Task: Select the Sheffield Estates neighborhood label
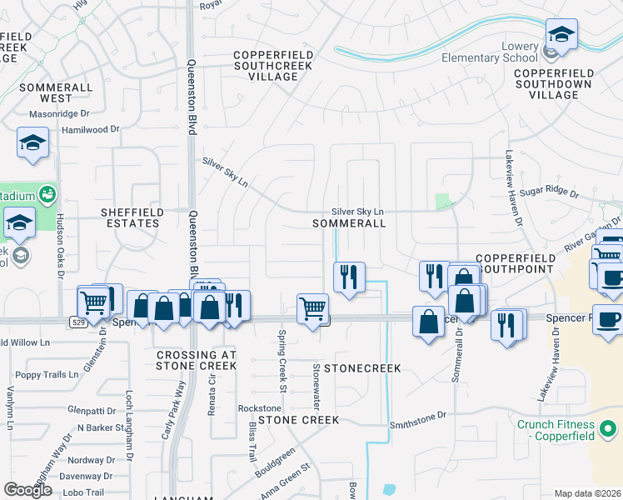click(130, 217)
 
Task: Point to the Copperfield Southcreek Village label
click(273, 66)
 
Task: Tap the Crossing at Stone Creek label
click(197, 360)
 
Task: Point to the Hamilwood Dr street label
click(91, 130)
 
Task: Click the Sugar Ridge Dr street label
click(549, 192)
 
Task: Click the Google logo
click(27, 490)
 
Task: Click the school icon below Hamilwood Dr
click(32, 142)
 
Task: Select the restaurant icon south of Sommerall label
click(349, 276)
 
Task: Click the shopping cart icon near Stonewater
click(312, 308)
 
